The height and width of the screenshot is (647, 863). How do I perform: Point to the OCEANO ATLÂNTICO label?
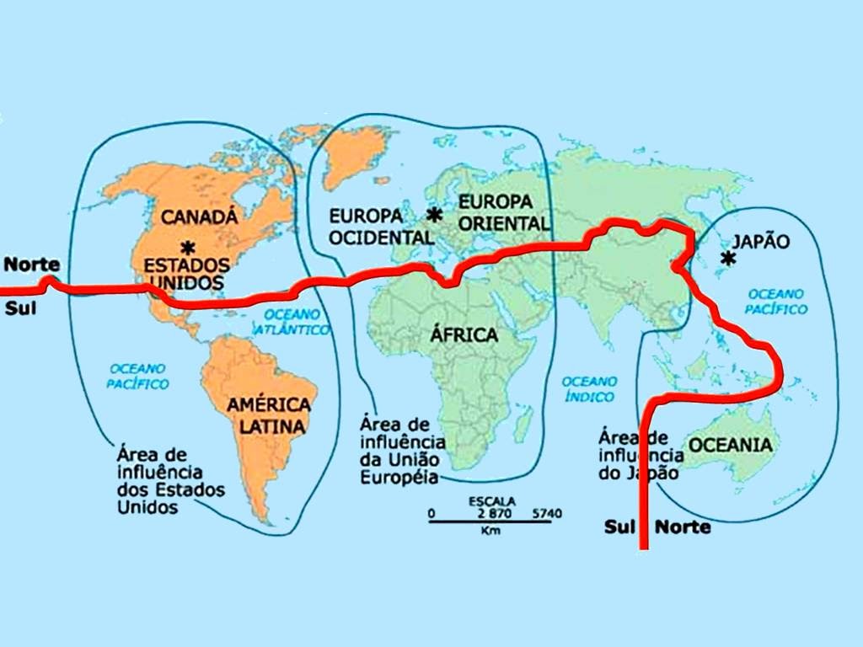click(x=297, y=322)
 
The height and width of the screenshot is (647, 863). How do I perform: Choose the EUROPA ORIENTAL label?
click(x=504, y=212)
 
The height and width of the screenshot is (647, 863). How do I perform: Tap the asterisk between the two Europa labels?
click(x=435, y=215)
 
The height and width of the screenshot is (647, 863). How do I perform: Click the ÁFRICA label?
click(x=464, y=334)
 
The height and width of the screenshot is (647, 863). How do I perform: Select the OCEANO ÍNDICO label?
click(x=590, y=388)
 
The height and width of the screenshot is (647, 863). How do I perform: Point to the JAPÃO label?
click(x=760, y=241)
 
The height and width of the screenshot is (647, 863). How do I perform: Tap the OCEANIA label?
click(x=731, y=444)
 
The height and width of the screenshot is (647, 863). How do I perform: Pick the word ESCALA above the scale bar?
click(x=491, y=500)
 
